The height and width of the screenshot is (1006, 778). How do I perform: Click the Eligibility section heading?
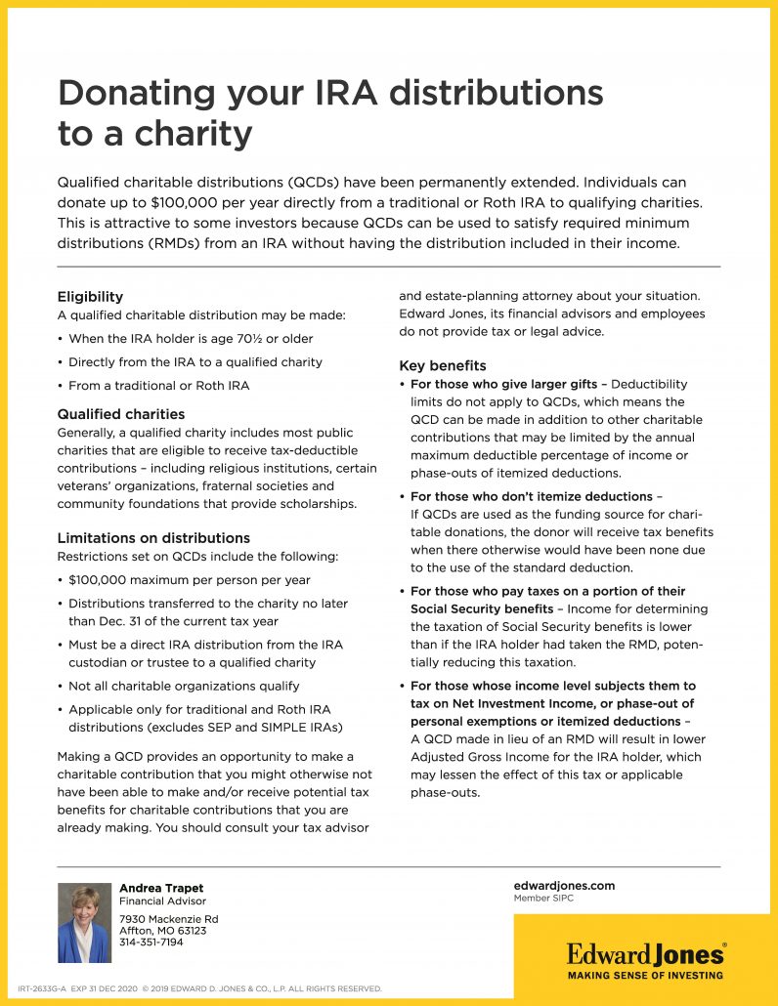point(90,297)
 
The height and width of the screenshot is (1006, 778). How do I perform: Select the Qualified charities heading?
point(121,414)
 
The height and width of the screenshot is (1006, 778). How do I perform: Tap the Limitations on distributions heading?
point(153,538)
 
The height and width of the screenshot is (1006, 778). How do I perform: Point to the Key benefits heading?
point(443,366)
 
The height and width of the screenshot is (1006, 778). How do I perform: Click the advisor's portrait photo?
point(84,923)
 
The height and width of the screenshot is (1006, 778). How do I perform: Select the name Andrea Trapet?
point(161,888)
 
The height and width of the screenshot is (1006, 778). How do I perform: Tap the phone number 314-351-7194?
point(151,943)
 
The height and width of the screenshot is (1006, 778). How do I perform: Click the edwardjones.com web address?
point(564,885)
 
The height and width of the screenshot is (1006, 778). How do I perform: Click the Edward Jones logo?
point(646,952)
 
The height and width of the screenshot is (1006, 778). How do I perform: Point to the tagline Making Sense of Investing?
point(646,975)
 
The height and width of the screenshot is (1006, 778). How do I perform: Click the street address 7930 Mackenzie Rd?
point(168,919)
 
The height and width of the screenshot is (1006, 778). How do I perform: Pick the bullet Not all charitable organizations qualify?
point(184,687)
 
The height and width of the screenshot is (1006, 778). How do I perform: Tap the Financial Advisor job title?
point(162,901)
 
